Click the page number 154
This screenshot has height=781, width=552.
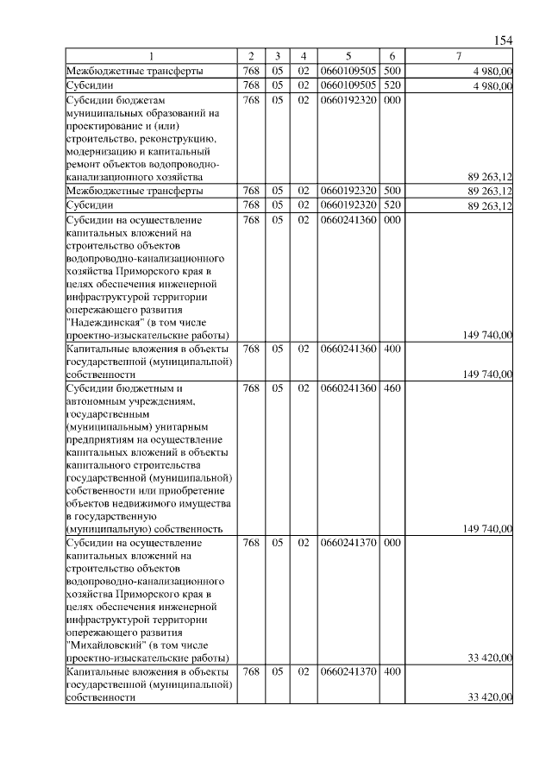coord(504,41)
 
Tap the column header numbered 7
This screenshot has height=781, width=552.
coord(458,57)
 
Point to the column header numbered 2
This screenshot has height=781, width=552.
coord(251,57)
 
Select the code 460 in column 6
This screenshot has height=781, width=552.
coord(392,388)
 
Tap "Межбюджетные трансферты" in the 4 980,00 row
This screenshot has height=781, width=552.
coord(135,71)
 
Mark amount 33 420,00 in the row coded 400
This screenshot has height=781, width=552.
coord(491,697)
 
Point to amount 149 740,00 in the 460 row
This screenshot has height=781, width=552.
coord(488,528)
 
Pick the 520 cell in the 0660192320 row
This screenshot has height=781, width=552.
coord(392,205)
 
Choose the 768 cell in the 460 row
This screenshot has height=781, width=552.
coord(251,388)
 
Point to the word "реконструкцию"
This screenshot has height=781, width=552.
coord(176,138)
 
